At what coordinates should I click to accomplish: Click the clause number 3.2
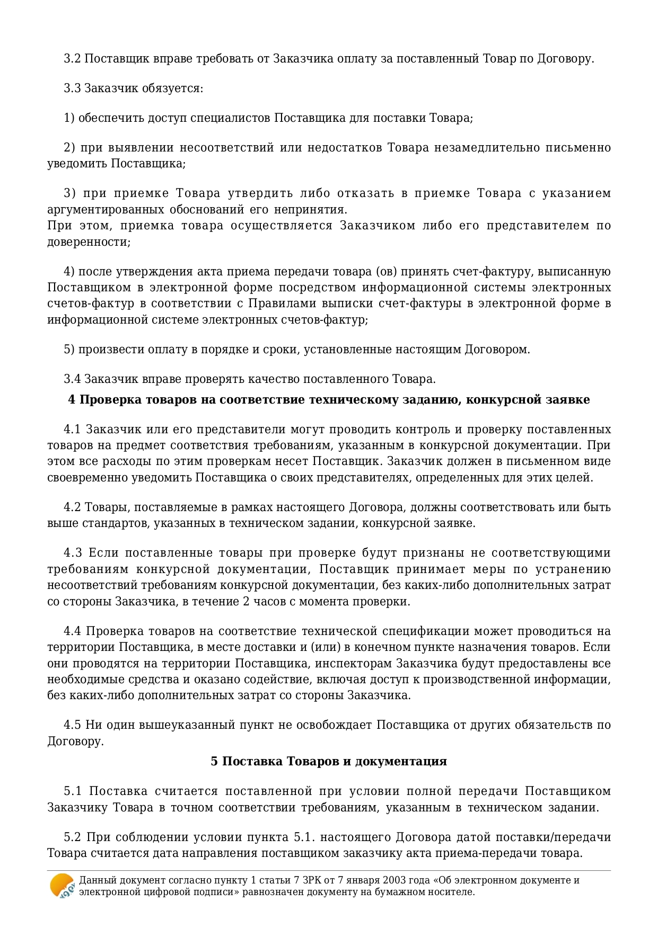point(72,59)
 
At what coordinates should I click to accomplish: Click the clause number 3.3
point(72,88)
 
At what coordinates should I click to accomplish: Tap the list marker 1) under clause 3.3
point(69,118)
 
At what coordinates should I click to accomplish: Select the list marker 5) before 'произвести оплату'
point(69,350)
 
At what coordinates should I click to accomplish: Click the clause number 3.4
point(72,379)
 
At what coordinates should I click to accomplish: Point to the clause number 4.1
point(72,429)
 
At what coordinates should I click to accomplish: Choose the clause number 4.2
point(72,507)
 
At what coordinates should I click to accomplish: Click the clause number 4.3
point(73,553)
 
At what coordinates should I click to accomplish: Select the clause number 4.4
point(72,631)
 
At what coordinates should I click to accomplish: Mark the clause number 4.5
point(72,725)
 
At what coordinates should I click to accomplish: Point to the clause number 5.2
point(72,837)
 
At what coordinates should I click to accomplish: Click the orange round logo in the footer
point(62,885)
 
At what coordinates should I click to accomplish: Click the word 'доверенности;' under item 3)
point(89,242)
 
